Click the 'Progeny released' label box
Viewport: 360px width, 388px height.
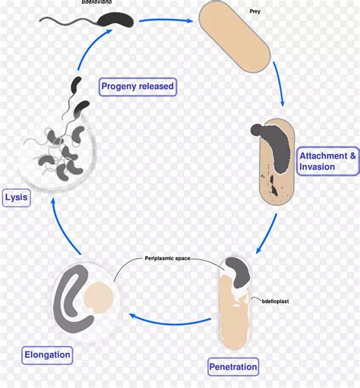[x=137, y=86]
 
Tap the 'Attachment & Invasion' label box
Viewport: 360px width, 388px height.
[x=327, y=161]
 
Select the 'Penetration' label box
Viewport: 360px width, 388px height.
[x=233, y=367]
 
